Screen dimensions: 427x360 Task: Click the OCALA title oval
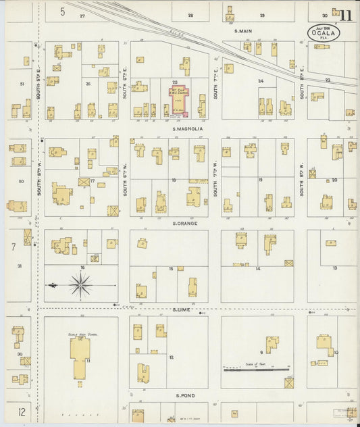tap(324, 33)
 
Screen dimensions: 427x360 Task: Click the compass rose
tap(80, 286)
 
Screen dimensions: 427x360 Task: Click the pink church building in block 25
tap(181, 99)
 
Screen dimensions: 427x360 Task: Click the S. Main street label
tap(242, 31)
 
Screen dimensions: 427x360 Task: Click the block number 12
tap(172, 357)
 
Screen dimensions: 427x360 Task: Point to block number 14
tap(258, 269)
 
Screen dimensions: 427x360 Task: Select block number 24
tap(261, 81)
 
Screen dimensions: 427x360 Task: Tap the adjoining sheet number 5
tap(62, 11)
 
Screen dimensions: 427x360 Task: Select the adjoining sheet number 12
tap(22, 411)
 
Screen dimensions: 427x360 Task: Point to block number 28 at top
tap(190, 15)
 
